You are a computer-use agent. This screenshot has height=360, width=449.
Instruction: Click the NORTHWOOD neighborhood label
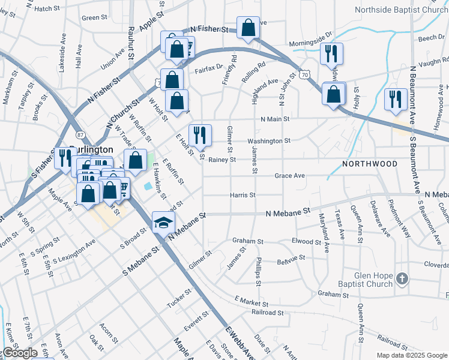[x=370, y=164]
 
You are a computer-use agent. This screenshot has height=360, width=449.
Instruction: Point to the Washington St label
[x=269, y=141]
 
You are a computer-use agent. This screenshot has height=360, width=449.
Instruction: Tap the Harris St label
[x=243, y=195]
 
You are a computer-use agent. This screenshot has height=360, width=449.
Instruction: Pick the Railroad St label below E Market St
[x=268, y=313]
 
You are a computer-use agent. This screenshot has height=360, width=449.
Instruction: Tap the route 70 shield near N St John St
[x=304, y=74]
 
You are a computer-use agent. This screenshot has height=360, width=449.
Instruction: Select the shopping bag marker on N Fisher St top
[x=248, y=27]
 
